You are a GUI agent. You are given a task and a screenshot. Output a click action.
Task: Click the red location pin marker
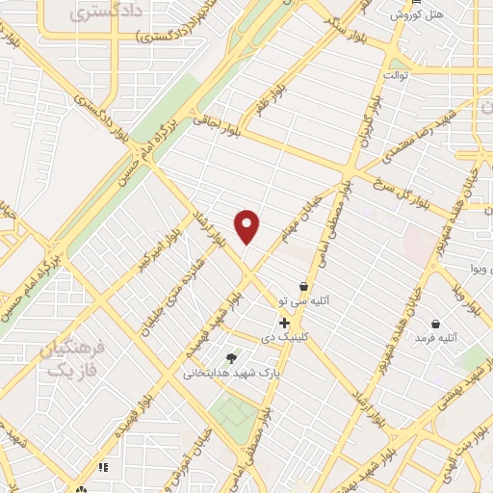tap(247, 225)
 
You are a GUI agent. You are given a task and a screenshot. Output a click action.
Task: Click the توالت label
tap(397, 74)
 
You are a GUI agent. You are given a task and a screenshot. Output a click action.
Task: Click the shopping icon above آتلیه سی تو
tap(304, 286)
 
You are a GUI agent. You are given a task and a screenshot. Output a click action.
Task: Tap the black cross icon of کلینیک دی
tap(284, 323)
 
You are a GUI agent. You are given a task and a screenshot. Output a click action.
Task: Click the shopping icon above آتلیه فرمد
tap(437, 324)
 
